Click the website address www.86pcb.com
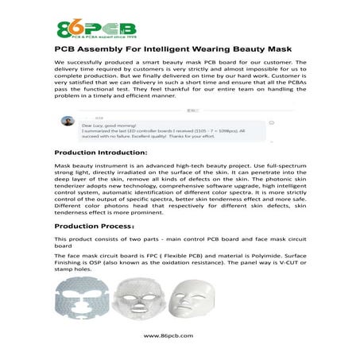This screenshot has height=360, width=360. pyautogui.click(x=180, y=336)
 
